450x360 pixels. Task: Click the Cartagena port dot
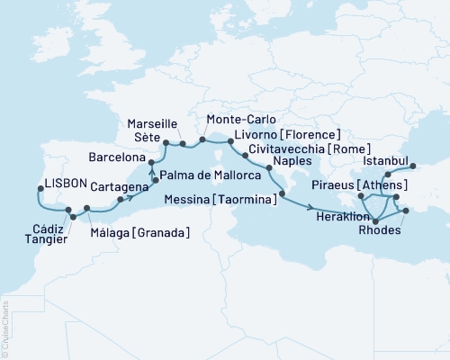pos(120,198)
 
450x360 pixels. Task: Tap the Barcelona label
pos(118,155)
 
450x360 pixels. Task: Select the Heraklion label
pos(344,216)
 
